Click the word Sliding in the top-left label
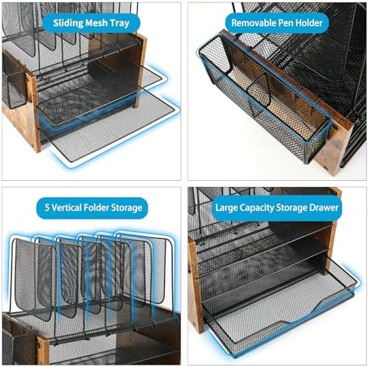coord(68,23)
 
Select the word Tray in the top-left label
coord(120,24)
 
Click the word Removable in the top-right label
coord(251,23)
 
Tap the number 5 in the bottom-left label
coord(47,208)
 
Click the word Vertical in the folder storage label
coord(66,208)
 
